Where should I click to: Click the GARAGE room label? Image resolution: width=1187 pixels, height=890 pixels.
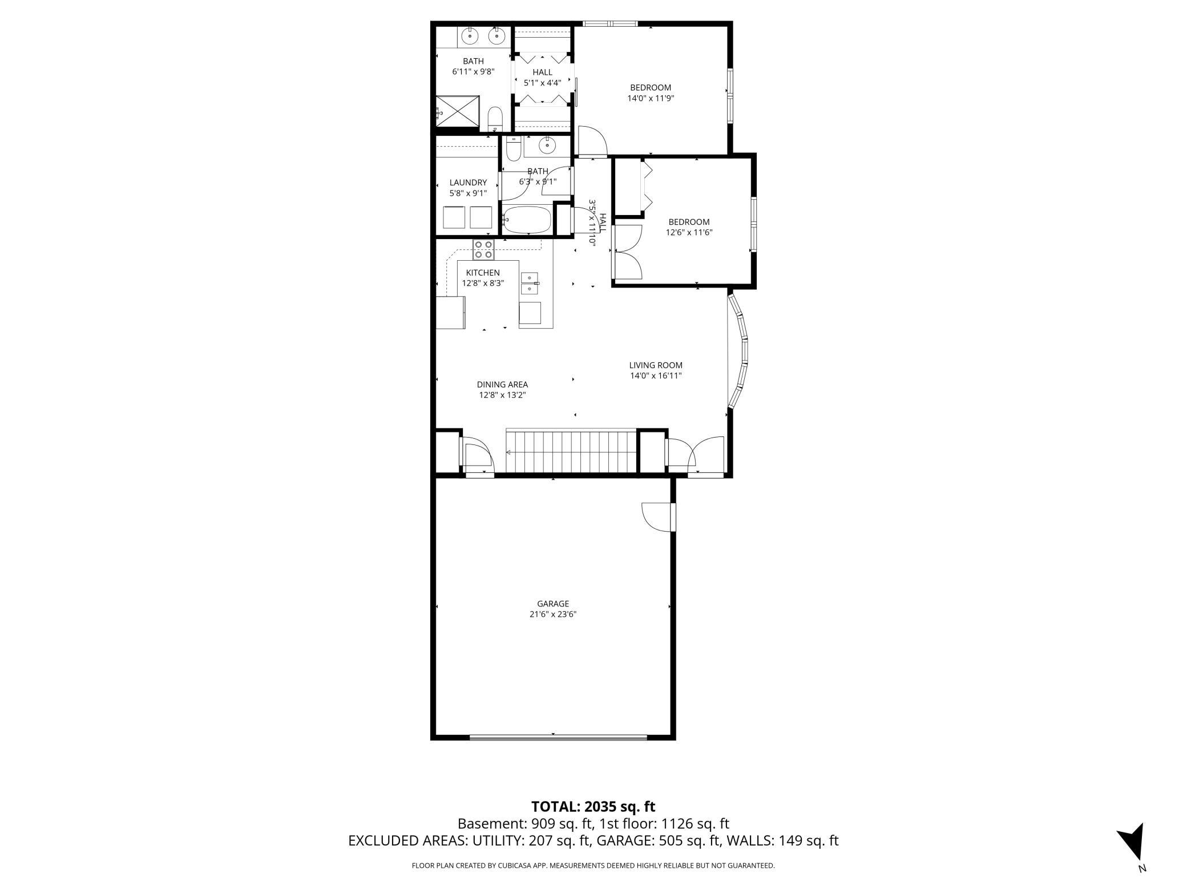click(x=553, y=604)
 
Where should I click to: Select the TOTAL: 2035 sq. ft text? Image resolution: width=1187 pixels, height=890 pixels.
click(x=593, y=807)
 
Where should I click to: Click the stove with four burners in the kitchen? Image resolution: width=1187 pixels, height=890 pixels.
click(x=483, y=250)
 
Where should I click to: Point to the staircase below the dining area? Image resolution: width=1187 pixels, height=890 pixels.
click(x=571, y=452)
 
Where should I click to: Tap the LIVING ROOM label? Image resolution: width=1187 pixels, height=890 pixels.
click(x=656, y=365)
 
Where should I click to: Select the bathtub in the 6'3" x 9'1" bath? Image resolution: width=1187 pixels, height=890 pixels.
click(x=527, y=220)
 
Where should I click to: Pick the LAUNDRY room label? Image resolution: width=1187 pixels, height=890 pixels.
click(x=468, y=183)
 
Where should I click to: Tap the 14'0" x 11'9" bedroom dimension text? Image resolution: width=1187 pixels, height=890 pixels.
click(x=651, y=98)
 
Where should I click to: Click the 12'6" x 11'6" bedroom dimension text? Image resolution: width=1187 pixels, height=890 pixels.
click(x=689, y=232)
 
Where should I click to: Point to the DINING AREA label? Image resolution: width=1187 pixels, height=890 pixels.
click(x=502, y=385)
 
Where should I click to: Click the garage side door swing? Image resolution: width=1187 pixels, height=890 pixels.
click(x=657, y=517)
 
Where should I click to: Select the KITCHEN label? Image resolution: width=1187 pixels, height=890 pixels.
click(x=483, y=273)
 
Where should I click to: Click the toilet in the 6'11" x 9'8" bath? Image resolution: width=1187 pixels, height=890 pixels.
click(x=495, y=119)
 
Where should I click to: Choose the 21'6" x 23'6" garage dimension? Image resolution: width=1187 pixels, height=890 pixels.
click(x=553, y=614)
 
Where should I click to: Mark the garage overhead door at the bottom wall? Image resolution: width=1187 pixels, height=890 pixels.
click(x=558, y=737)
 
